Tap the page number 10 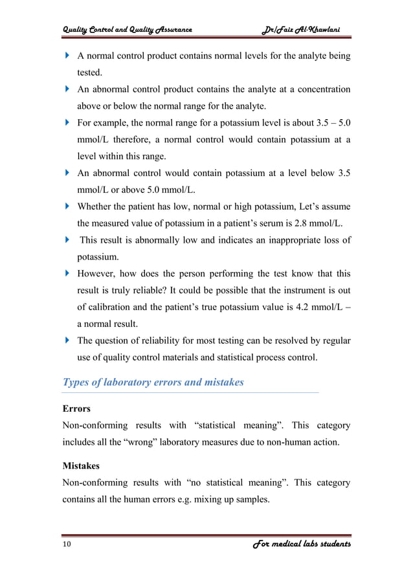click(x=67, y=545)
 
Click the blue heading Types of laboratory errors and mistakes click(x=153, y=382)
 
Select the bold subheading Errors click(x=76, y=409)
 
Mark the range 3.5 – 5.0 click(x=328, y=122)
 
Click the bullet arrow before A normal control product click(x=67, y=56)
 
